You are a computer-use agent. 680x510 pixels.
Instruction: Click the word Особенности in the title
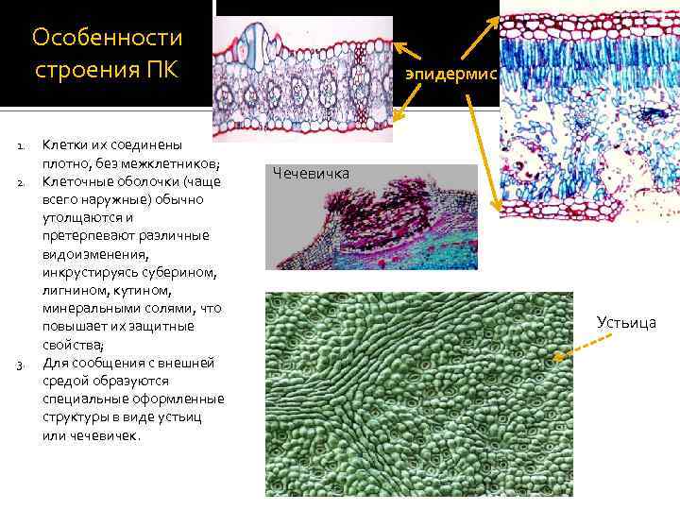(x=107, y=38)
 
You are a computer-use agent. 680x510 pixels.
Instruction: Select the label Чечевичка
(x=311, y=173)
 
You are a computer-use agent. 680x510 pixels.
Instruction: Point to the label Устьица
(x=626, y=323)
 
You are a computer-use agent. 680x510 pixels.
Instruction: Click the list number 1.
(x=20, y=146)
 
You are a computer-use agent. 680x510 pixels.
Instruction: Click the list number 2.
(x=20, y=182)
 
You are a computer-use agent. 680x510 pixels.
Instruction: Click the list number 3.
(x=20, y=365)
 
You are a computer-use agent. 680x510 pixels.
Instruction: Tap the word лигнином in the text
(x=72, y=291)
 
